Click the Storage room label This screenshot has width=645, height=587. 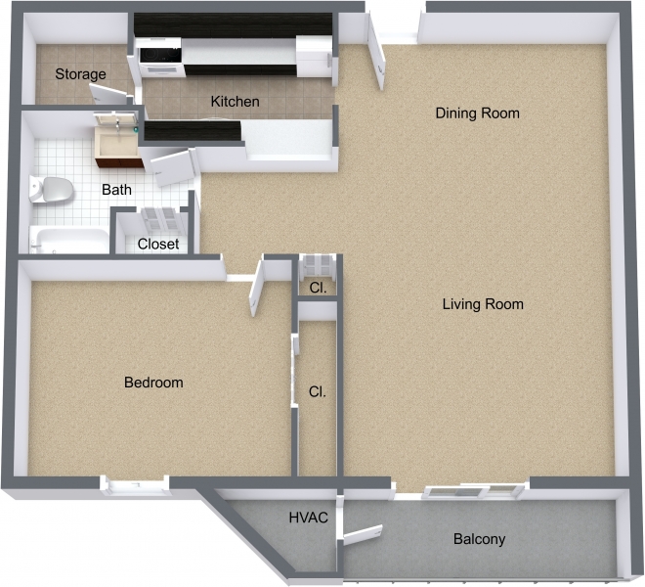tap(80, 75)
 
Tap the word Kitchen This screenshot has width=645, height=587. tap(236, 102)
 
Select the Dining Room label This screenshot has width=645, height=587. tap(477, 113)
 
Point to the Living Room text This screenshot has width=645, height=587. tap(483, 304)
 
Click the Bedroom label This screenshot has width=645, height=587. tap(153, 383)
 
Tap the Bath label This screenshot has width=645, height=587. tap(117, 190)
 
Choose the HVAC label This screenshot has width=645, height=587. tap(307, 517)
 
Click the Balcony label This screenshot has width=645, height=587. tap(479, 539)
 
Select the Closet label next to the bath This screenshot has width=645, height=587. tap(158, 244)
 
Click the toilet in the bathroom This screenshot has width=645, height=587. tap(52, 188)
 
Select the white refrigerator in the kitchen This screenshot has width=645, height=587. tap(315, 56)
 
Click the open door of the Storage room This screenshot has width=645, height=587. tap(109, 94)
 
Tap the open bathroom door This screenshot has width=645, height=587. tap(172, 166)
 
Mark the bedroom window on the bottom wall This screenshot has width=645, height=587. tap(135, 481)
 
